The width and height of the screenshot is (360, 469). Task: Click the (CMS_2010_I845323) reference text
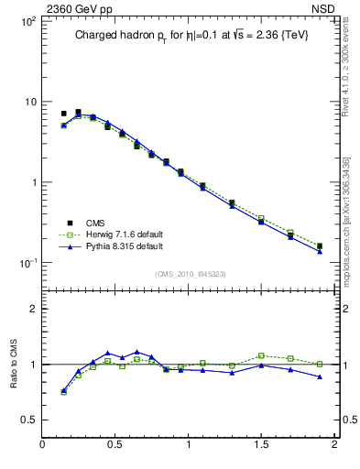(188, 274)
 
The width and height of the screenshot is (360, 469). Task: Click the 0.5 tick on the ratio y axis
(28, 420)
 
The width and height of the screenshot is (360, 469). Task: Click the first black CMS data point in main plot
(63, 114)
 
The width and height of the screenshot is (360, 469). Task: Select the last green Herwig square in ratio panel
(320, 364)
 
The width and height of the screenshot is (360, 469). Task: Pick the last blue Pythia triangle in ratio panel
(320, 376)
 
